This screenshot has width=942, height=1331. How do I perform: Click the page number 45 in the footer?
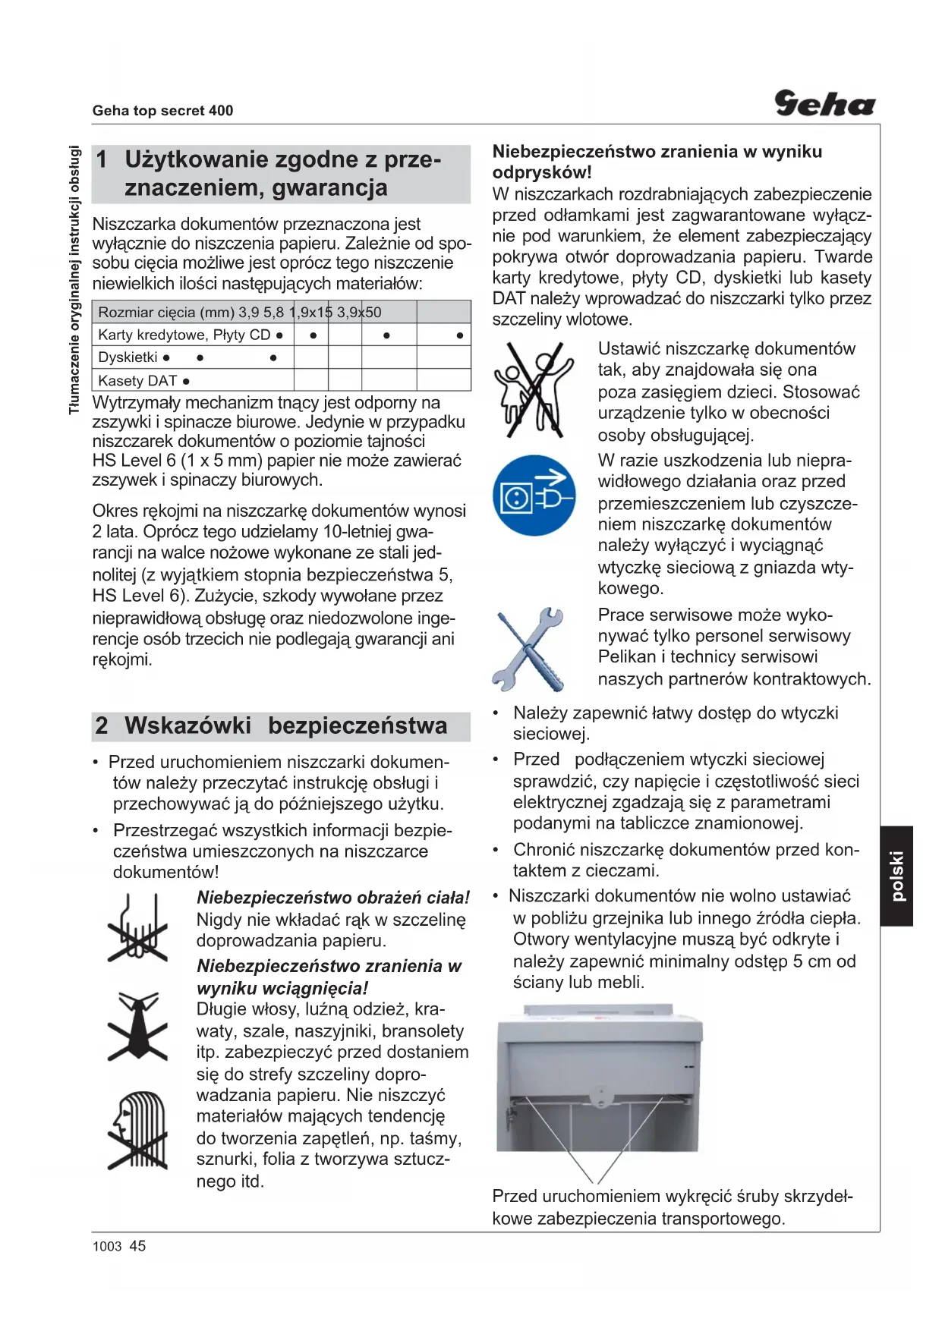tap(137, 1246)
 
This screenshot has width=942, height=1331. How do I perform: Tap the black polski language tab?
tap(896, 876)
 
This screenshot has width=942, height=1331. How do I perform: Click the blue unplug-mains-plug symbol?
tap(533, 496)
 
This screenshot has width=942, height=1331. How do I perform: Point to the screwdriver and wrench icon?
tap(529, 649)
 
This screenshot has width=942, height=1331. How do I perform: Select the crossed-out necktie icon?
tap(137, 1026)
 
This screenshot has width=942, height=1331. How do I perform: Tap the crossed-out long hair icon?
tap(137, 1131)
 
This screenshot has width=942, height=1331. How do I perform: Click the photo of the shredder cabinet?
tap(599, 1078)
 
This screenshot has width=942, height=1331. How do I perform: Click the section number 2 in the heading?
tap(102, 726)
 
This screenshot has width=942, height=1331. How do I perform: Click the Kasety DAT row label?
tap(137, 381)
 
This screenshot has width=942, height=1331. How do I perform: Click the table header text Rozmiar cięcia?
tap(147, 313)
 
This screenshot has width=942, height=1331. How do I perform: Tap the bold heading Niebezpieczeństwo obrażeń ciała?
tap(333, 898)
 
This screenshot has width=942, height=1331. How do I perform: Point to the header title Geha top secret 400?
tap(162, 111)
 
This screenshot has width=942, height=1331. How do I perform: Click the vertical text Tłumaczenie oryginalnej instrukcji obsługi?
tap(74, 280)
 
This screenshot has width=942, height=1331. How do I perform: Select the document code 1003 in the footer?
tap(106, 1247)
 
